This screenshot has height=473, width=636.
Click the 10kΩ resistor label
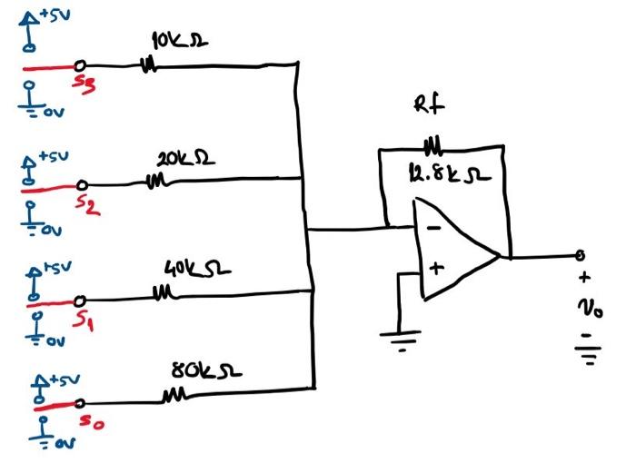177,42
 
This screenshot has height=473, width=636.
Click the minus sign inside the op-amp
434,227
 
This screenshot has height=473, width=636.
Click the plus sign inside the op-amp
435,269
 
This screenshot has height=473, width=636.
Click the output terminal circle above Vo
578,256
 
